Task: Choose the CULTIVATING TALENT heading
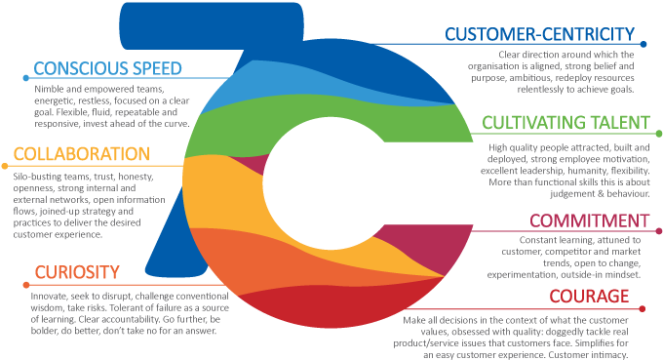(565, 123)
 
